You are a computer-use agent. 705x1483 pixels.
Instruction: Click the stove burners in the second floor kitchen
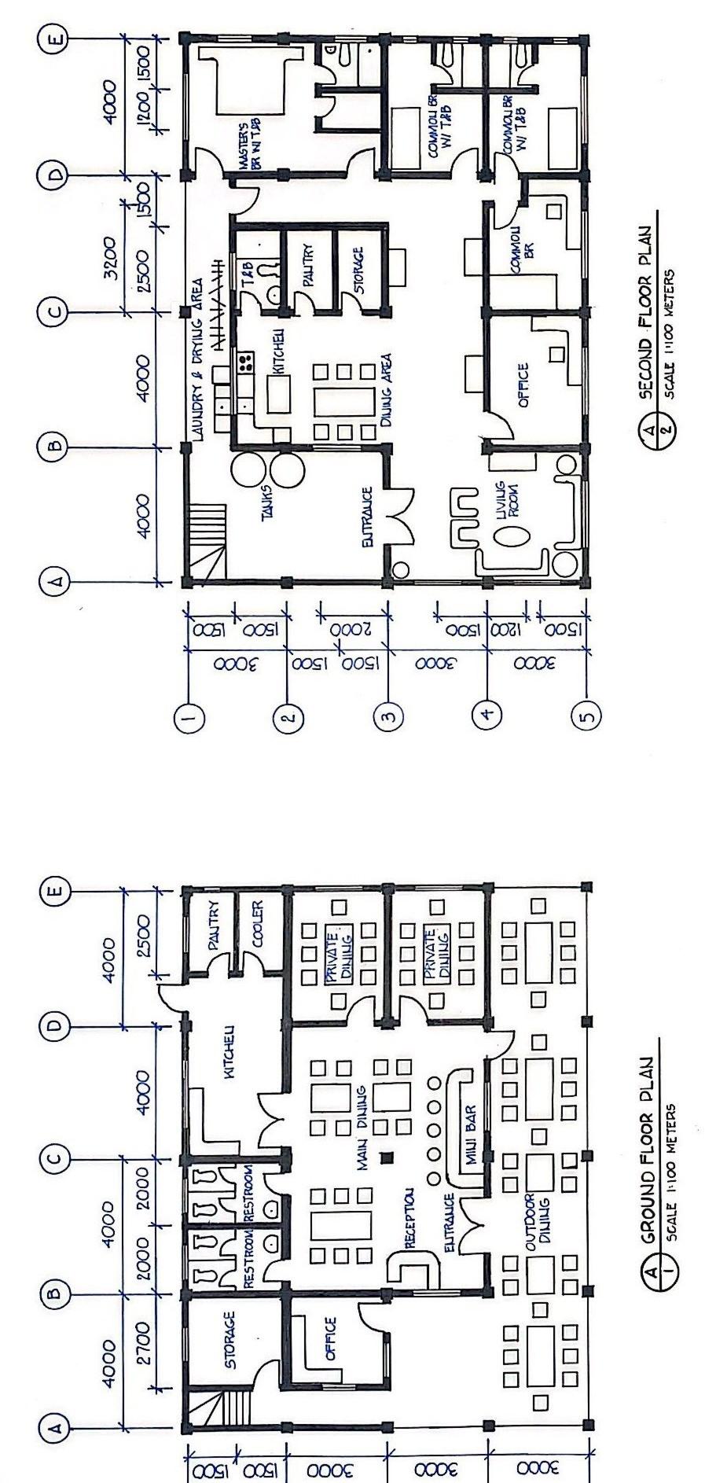point(246,362)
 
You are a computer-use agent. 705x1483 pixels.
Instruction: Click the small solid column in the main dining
point(386,1157)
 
